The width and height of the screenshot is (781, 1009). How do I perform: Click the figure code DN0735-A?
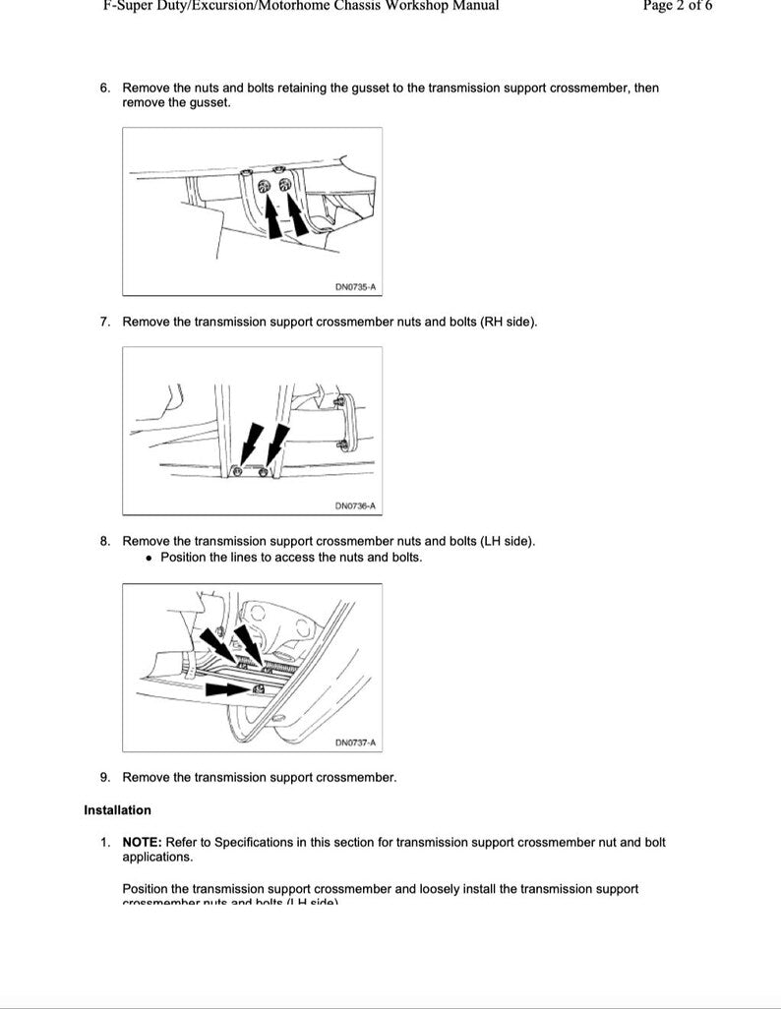pos(355,287)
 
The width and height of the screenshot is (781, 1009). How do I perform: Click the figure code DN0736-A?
pos(355,506)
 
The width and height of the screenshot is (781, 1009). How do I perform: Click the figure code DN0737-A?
pos(355,742)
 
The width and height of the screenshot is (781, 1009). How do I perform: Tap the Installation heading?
pos(118,810)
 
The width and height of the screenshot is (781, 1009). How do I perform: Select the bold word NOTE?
pos(142,843)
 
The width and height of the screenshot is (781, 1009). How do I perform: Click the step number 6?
pos(104,88)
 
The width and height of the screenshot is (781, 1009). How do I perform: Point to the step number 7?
pos(104,322)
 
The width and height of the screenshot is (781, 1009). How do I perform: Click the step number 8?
pos(104,541)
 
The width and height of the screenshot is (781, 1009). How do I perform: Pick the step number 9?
pos(104,777)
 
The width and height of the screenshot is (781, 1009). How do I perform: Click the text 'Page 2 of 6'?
pos(678,6)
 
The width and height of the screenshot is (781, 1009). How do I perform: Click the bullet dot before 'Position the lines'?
pos(149,558)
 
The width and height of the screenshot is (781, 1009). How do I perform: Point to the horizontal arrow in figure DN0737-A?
pos(227,690)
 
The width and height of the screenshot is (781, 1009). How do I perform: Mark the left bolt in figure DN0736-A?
pos(237,473)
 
